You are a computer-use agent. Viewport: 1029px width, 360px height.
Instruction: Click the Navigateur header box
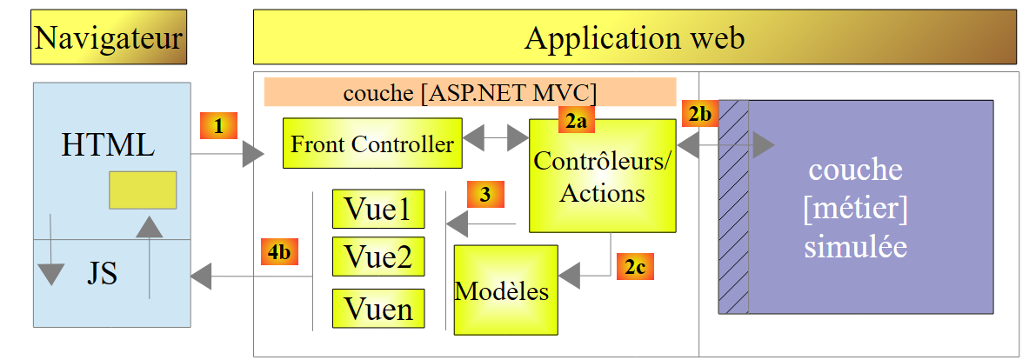pyautogui.click(x=109, y=37)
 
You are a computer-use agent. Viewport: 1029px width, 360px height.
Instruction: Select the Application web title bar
pyautogui.click(x=634, y=37)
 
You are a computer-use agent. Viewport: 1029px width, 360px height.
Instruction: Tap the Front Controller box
pyautogui.click(x=372, y=143)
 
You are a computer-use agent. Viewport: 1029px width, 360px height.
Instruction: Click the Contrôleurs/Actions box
pyautogui.click(x=602, y=175)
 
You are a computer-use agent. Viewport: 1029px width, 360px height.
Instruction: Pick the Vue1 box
pyautogui.click(x=378, y=209)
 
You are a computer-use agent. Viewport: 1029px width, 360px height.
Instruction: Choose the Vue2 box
pyautogui.click(x=378, y=257)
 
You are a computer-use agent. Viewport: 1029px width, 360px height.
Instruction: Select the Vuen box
pyautogui.click(x=378, y=308)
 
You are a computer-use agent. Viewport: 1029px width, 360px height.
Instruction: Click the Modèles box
pyautogui.click(x=504, y=290)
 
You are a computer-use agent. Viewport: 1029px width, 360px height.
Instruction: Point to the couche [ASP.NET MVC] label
pyautogui.click(x=470, y=91)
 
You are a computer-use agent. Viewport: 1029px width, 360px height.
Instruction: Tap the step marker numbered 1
pyautogui.click(x=218, y=125)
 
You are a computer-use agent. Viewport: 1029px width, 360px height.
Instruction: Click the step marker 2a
pyautogui.click(x=574, y=122)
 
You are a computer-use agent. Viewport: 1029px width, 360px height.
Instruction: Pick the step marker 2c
pyautogui.click(x=634, y=265)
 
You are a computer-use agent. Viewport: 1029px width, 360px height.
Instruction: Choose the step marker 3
pyautogui.click(x=484, y=195)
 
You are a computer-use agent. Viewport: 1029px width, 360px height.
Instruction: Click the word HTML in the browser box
pyautogui.click(x=109, y=144)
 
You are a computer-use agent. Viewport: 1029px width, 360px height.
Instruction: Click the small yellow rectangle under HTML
pyautogui.click(x=143, y=190)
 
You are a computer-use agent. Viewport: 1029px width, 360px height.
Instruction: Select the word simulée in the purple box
pyautogui.click(x=855, y=247)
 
